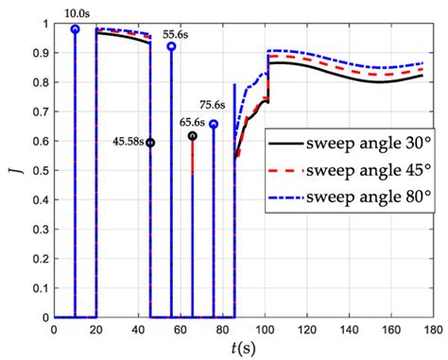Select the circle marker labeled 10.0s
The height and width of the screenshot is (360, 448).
click(x=75, y=29)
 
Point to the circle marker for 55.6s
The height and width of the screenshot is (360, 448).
click(x=171, y=46)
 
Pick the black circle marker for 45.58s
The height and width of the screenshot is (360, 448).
click(x=150, y=143)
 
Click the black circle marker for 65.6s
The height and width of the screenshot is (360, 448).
click(x=193, y=136)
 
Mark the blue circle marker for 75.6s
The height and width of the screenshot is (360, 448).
click(x=214, y=125)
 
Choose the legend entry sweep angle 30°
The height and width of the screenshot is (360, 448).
click(x=355, y=144)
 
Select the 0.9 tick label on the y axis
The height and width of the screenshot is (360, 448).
click(x=38, y=53)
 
